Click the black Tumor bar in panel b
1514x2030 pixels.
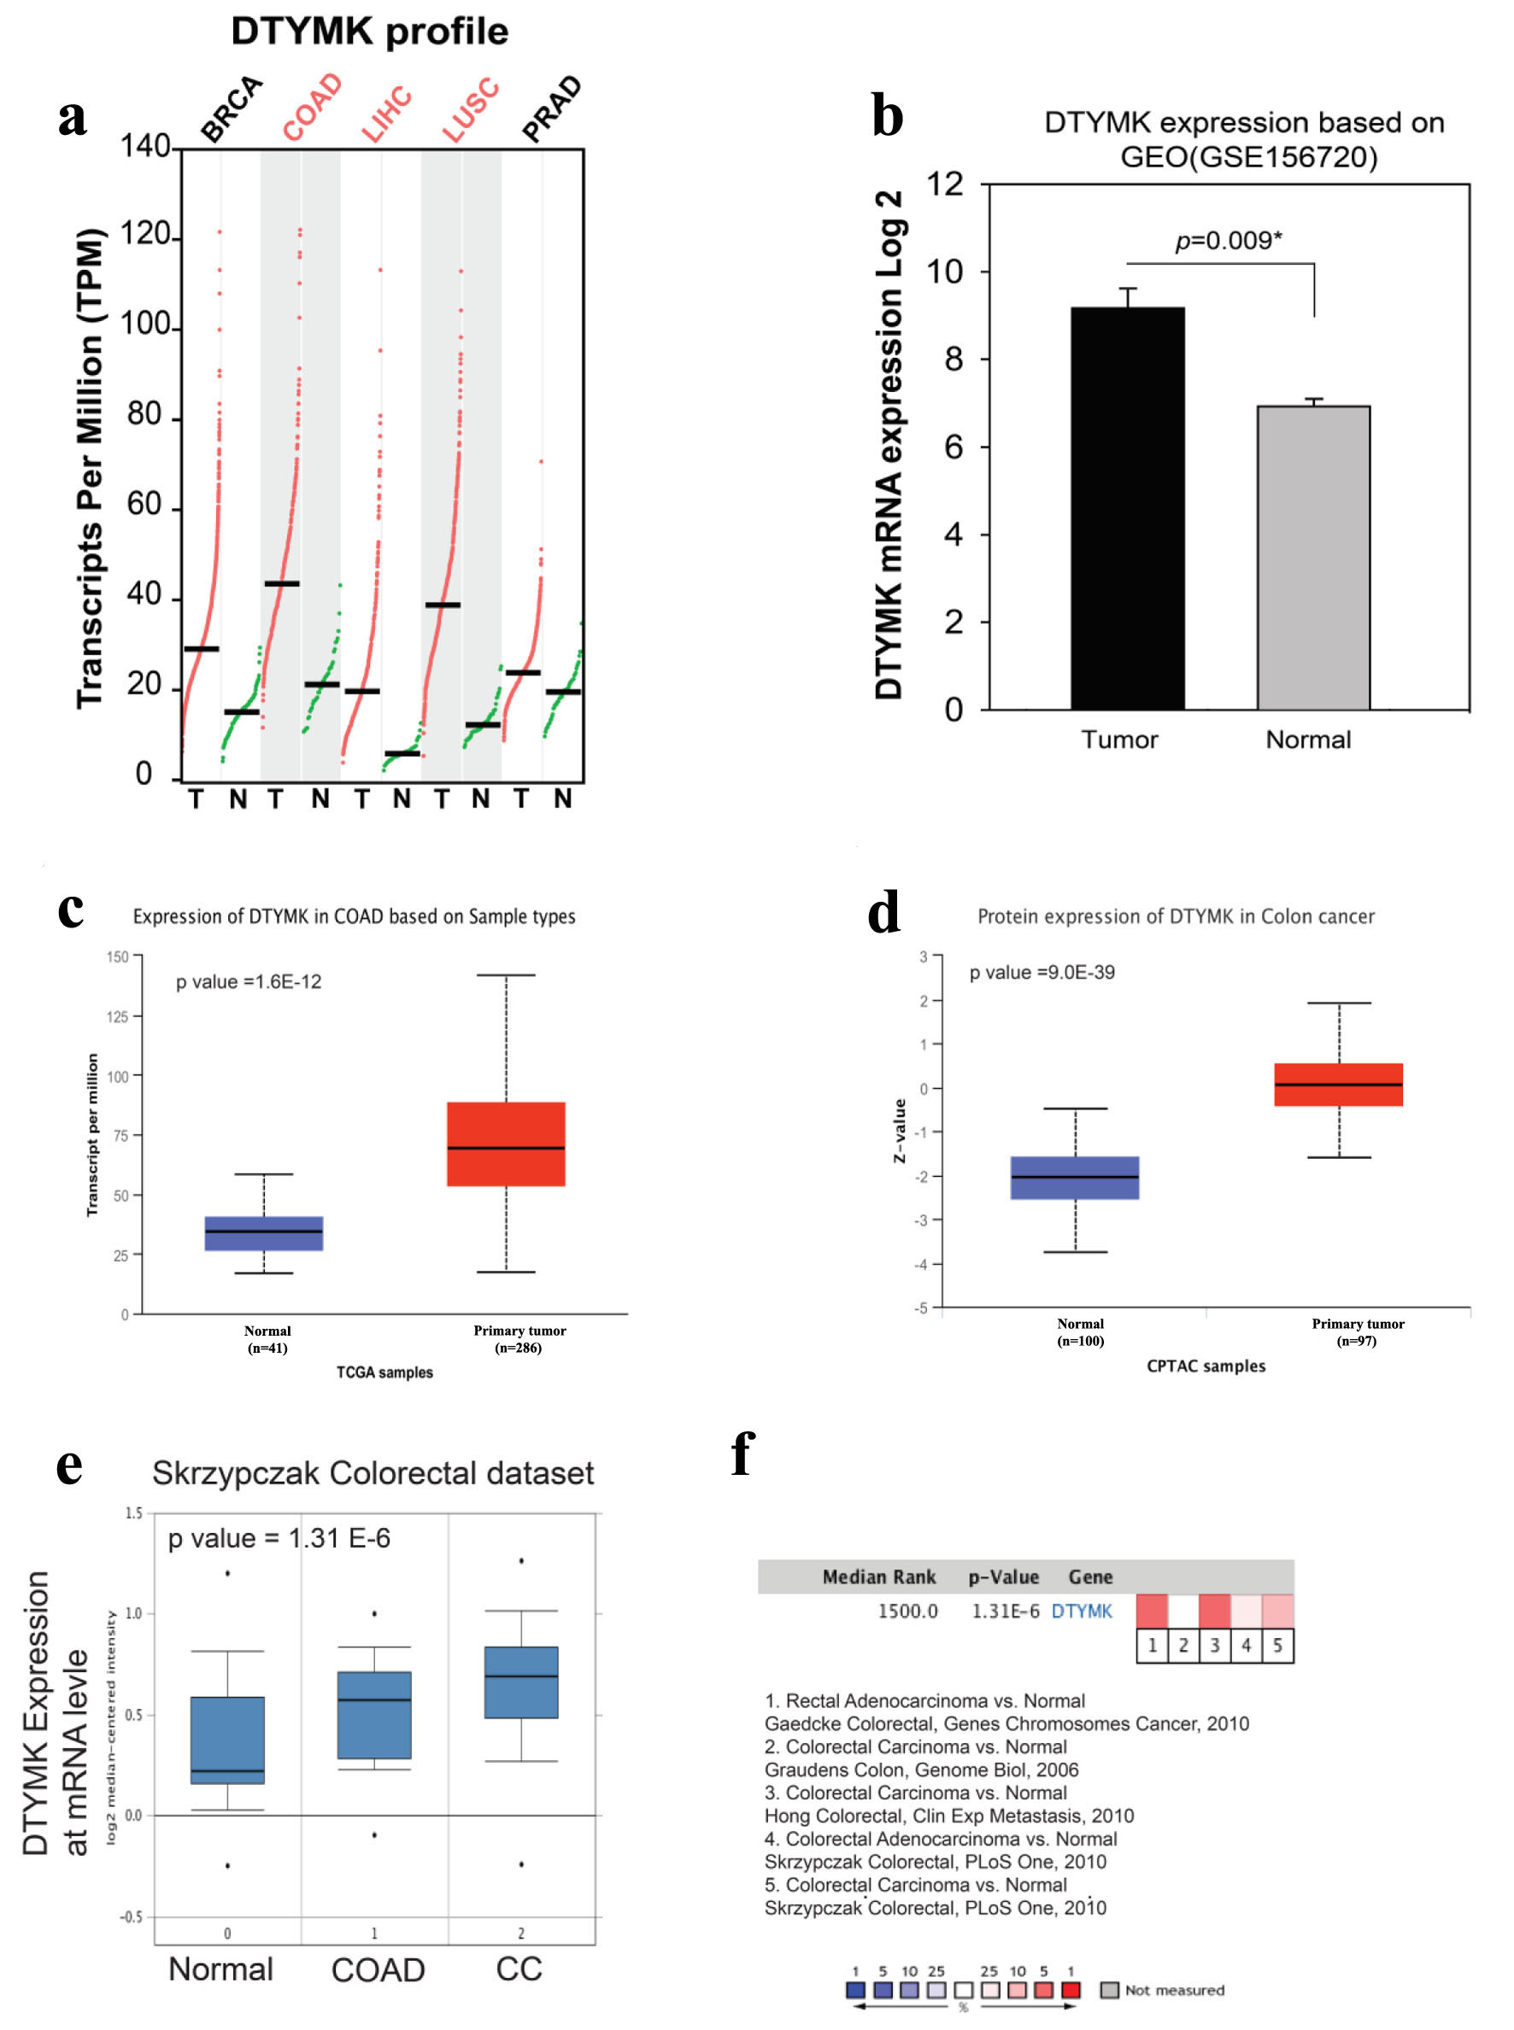[x=1126, y=508]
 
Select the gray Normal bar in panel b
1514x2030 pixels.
[x=1312, y=558]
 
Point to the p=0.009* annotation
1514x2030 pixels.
[x=1227, y=241]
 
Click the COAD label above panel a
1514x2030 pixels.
[x=313, y=108]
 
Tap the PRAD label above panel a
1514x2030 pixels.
[x=552, y=109]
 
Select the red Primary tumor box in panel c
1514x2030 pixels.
[x=506, y=1144]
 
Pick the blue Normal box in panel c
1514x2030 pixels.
[x=264, y=1233]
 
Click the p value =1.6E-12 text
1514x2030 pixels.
[x=249, y=982]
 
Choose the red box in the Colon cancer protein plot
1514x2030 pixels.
[x=1338, y=1085]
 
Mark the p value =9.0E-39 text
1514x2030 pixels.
[x=1042, y=973]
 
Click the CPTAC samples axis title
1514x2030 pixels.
[x=1206, y=1366]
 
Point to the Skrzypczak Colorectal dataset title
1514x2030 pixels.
[x=373, y=1473]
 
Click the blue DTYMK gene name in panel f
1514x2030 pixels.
[x=1082, y=1612]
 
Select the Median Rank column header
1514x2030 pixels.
[x=879, y=1577]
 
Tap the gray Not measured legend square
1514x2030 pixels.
[x=1109, y=1990]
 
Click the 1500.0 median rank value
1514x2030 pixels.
[x=907, y=1612]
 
